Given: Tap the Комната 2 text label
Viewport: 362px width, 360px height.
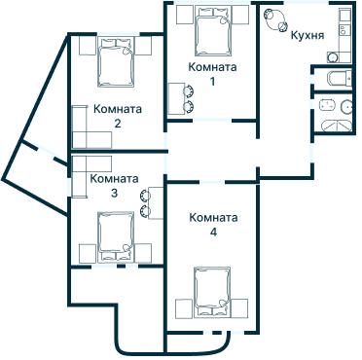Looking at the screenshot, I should [x=117, y=116].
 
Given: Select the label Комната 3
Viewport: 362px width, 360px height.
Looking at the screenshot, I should [x=113, y=185].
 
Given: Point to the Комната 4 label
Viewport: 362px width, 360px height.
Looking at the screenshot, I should [x=213, y=225].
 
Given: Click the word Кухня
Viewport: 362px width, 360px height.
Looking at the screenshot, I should [x=308, y=35].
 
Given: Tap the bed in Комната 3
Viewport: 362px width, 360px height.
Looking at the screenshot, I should [x=117, y=234].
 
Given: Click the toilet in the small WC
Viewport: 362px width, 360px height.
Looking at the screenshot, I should [x=334, y=79].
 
